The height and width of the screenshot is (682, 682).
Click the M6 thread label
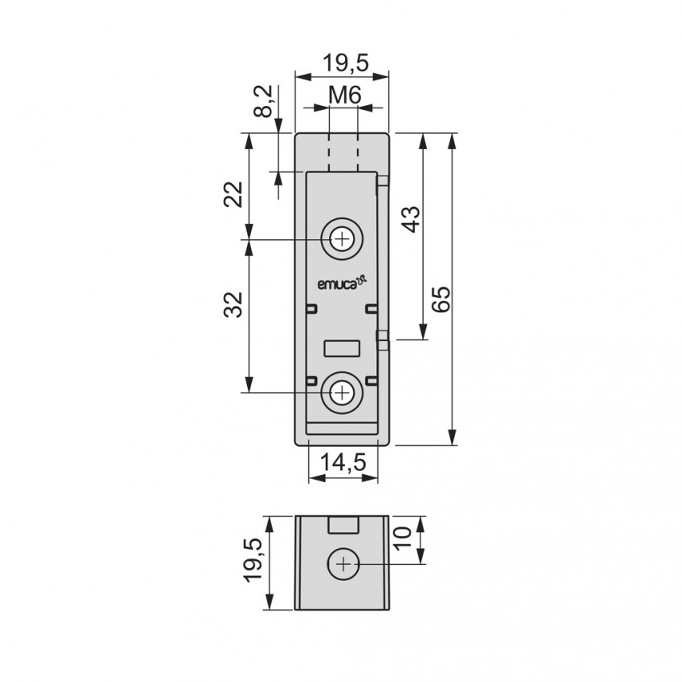click(344, 95)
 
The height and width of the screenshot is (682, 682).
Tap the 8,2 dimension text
click(263, 101)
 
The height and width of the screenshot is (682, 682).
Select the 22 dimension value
click(233, 194)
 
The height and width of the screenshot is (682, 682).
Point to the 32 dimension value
click(233, 304)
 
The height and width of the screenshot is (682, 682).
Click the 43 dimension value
click(411, 219)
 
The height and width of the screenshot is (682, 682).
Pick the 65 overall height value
click(441, 299)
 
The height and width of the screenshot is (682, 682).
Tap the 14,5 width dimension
click(343, 462)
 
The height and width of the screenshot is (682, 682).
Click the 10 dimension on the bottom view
click(403, 538)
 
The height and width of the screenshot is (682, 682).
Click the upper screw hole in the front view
click(343, 239)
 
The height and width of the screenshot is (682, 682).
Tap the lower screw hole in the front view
click(343, 393)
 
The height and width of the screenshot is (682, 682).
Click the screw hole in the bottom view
click(343, 565)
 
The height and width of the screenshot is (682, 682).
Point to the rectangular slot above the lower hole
click(343, 349)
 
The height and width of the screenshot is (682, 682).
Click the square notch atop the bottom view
click(343, 525)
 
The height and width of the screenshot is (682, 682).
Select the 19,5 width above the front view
click(345, 63)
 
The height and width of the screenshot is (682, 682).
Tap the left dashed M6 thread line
click(330, 152)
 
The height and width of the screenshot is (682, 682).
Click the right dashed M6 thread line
click(358, 152)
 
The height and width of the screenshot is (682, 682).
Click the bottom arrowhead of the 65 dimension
click(453, 437)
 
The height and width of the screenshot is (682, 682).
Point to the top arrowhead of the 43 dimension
click(422, 141)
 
